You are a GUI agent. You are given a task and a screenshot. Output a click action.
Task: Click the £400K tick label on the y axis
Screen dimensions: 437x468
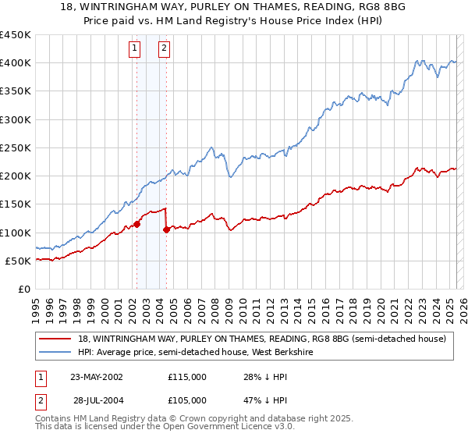click(x=15, y=63)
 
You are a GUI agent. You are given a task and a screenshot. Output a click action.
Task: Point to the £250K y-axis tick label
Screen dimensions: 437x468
click(x=15, y=147)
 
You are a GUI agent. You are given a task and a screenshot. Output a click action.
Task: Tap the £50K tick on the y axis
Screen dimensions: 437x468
click(x=18, y=261)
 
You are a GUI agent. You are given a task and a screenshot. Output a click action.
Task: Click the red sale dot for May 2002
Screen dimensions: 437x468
click(x=136, y=224)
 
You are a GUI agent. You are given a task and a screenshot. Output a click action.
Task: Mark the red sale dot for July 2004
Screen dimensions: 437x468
click(x=167, y=229)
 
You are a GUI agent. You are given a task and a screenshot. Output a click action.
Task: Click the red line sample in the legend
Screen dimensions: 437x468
click(x=55, y=339)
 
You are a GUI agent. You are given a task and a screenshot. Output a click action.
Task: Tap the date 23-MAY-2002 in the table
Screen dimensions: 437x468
click(x=96, y=377)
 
